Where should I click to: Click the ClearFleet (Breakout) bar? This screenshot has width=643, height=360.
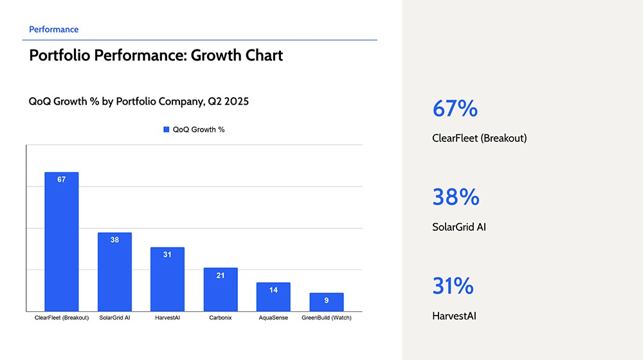pyautogui.click(x=62, y=242)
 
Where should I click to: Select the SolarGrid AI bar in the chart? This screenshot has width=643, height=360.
pyautogui.click(x=114, y=272)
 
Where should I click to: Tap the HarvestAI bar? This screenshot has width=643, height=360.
pyautogui.click(x=167, y=279)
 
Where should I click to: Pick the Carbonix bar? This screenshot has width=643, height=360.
pyautogui.click(x=221, y=289)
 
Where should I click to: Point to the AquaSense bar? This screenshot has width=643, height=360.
pyautogui.click(x=273, y=297)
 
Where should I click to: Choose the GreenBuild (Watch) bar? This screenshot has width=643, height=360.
pyautogui.click(x=327, y=302)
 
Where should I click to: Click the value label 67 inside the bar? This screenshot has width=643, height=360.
pyautogui.click(x=62, y=179)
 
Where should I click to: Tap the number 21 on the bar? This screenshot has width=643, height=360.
pyautogui.click(x=221, y=276)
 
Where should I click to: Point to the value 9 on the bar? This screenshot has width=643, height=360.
pyautogui.click(x=327, y=301)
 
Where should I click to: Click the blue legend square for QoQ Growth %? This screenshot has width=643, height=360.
pyautogui.click(x=166, y=130)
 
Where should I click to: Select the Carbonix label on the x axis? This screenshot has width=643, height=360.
pyautogui.click(x=221, y=318)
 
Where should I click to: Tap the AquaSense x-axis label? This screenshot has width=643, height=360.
pyautogui.click(x=273, y=318)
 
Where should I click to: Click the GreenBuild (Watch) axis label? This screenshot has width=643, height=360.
pyautogui.click(x=327, y=318)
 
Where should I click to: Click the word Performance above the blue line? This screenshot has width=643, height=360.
pyautogui.click(x=54, y=30)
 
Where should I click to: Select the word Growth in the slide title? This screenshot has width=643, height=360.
pyautogui.click(x=216, y=55)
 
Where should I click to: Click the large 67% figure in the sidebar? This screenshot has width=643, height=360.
pyautogui.click(x=455, y=108)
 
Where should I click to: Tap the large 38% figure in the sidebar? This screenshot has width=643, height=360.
pyautogui.click(x=456, y=197)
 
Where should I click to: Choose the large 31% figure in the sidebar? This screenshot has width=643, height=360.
pyautogui.click(x=453, y=286)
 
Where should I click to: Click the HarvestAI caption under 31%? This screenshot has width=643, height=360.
pyautogui.click(x=455, y=316)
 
